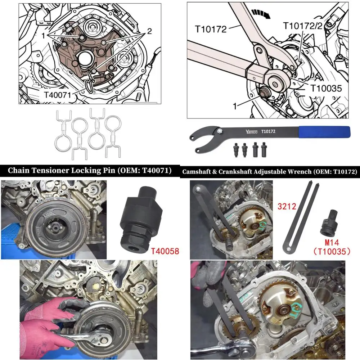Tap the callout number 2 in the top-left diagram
[x=149, y=32]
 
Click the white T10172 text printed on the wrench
[x=268, y=132]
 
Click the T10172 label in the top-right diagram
[x=211, y=28]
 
